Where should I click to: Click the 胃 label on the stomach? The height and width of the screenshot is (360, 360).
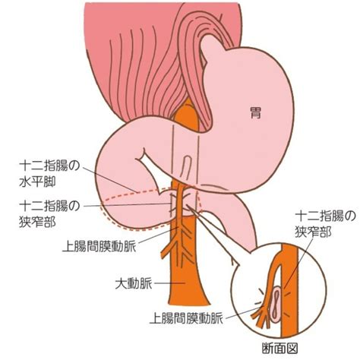coord(255,113)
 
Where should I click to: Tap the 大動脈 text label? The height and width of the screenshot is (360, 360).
coord(134,284)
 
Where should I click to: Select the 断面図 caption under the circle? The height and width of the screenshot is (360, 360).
coord(279,349)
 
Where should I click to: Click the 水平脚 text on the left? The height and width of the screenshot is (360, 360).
coord(37,182)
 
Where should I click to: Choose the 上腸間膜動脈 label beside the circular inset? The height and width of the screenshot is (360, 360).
coord(186,318)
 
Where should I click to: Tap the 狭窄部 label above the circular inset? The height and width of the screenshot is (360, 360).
coord(313,232)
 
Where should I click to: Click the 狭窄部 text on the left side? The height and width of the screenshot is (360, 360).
coord(37,221)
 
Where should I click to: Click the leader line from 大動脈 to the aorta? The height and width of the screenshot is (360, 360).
coord(169,283)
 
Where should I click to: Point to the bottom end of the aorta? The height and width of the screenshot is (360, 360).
coord(188,304)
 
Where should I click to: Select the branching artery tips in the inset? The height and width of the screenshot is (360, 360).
coord(261,317)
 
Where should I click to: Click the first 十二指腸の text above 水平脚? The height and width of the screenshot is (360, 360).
coord(49,166)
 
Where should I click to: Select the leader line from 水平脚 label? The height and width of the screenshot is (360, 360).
coord(110,180)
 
